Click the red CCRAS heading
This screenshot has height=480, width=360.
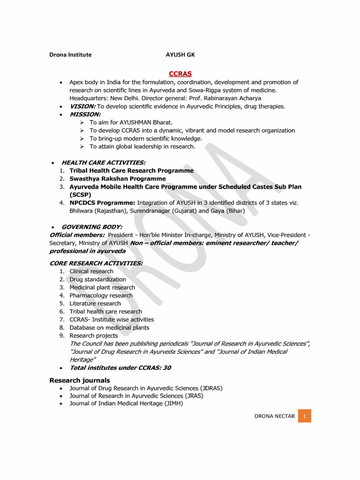180,74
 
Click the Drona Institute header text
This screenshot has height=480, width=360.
71,55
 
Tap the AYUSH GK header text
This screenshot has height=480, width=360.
180,55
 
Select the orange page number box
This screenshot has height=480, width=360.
304,416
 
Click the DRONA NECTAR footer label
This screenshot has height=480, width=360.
274,416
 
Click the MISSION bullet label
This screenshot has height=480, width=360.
85,114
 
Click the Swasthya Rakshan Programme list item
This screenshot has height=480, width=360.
117,179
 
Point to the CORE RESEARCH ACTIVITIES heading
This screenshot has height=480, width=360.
96,263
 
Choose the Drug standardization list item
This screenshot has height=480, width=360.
97,279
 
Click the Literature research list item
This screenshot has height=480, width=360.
95,303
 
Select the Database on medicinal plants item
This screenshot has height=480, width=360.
109,328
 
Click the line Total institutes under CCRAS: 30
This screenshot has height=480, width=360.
120,368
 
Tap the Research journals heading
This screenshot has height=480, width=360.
80,380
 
